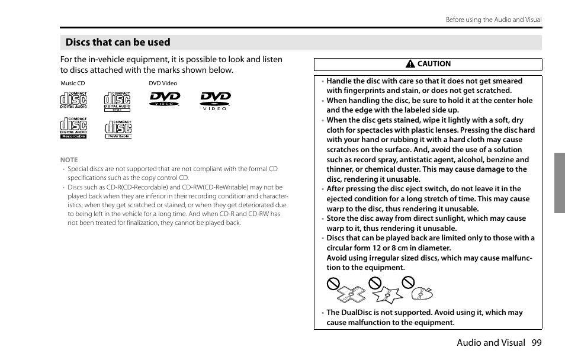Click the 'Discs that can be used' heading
pyautogui.click(x=118, y=43)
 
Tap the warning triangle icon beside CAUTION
pyautogui.click(x=410, y=65)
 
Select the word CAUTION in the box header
pyautogui.click(x=434, y=64)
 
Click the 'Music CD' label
pyautogui.click(x=73, y=83)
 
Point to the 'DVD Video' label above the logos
pyautogui.click(x=163, y=83)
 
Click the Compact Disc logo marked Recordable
pyautogui.click(x=73, y=128)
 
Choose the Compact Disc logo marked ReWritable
pyautogui.click(x=118, y=128)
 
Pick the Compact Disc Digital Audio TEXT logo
pyautogui.click(x=117, y=102)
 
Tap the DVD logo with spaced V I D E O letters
pyautogui.click(x=215, y=101)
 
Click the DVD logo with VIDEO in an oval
pyautogui.click(x=165, y=99)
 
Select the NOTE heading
pyautogui.click(x=69, y=160)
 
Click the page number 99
pyautogui.click(x=537, y=342)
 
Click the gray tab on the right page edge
pyautogui.click(x=559, y=182)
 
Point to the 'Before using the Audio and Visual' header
pyautogui.click(x=493, y=20)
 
